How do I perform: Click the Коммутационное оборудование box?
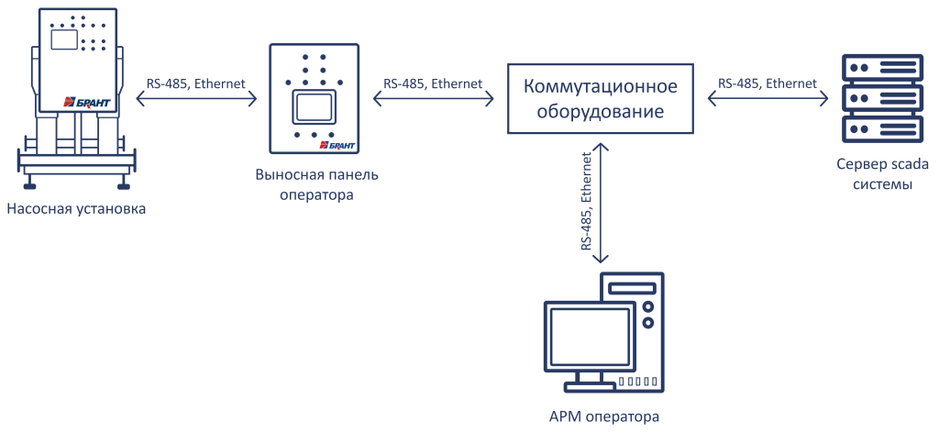click(600, 99)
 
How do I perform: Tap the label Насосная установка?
click(77, 208)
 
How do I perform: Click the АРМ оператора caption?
click(602, 416)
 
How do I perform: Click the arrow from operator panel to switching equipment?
click(432, 99)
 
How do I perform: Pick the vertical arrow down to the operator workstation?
click(601, 201)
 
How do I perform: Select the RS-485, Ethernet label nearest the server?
click(768, 83)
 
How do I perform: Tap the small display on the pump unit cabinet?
click(63, 39)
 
